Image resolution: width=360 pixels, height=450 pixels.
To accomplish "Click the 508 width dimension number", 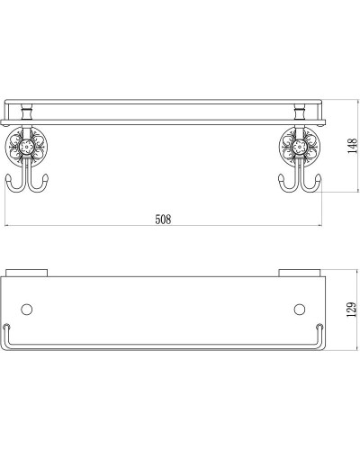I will click(x=163, y=219).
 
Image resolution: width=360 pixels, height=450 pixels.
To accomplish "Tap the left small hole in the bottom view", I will click(x=27, y=310).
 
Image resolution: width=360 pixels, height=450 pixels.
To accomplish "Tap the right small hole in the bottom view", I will click(x=300, y=310).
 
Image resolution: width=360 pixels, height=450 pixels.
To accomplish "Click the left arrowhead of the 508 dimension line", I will click(x=8, y=225).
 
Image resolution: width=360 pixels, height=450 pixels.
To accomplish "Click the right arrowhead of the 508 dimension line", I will click(x=320, y=225).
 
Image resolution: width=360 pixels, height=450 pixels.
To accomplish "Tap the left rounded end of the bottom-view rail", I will click(x=7, y=327).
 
